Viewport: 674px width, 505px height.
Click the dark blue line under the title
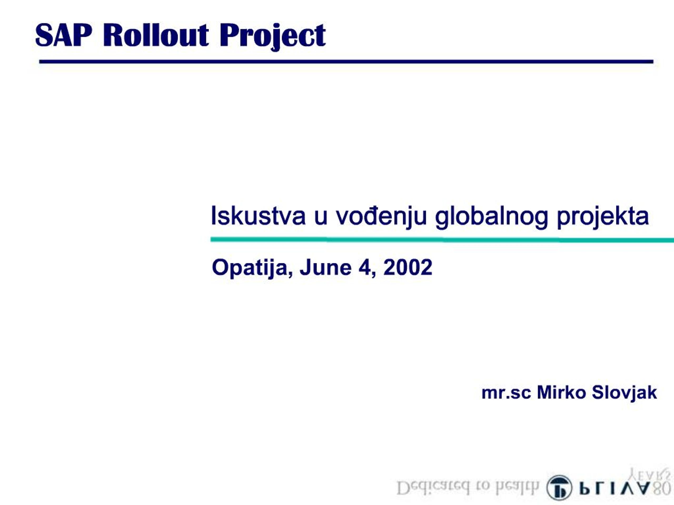[x=346, y=62]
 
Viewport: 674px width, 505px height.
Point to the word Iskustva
[x=258, y=216]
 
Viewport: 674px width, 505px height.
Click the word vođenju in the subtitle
[x=381, y=217]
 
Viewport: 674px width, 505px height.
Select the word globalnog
[x=491, y=217]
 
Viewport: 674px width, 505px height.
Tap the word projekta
[x=603, y=217]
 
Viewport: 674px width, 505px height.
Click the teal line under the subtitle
[x=442, y=240]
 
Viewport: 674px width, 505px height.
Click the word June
[x=325, y=267]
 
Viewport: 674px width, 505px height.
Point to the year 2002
[x=408, y=267]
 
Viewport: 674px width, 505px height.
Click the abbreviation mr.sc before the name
[x=506, y=393]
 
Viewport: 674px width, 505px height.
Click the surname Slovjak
[x=624, y=393]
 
